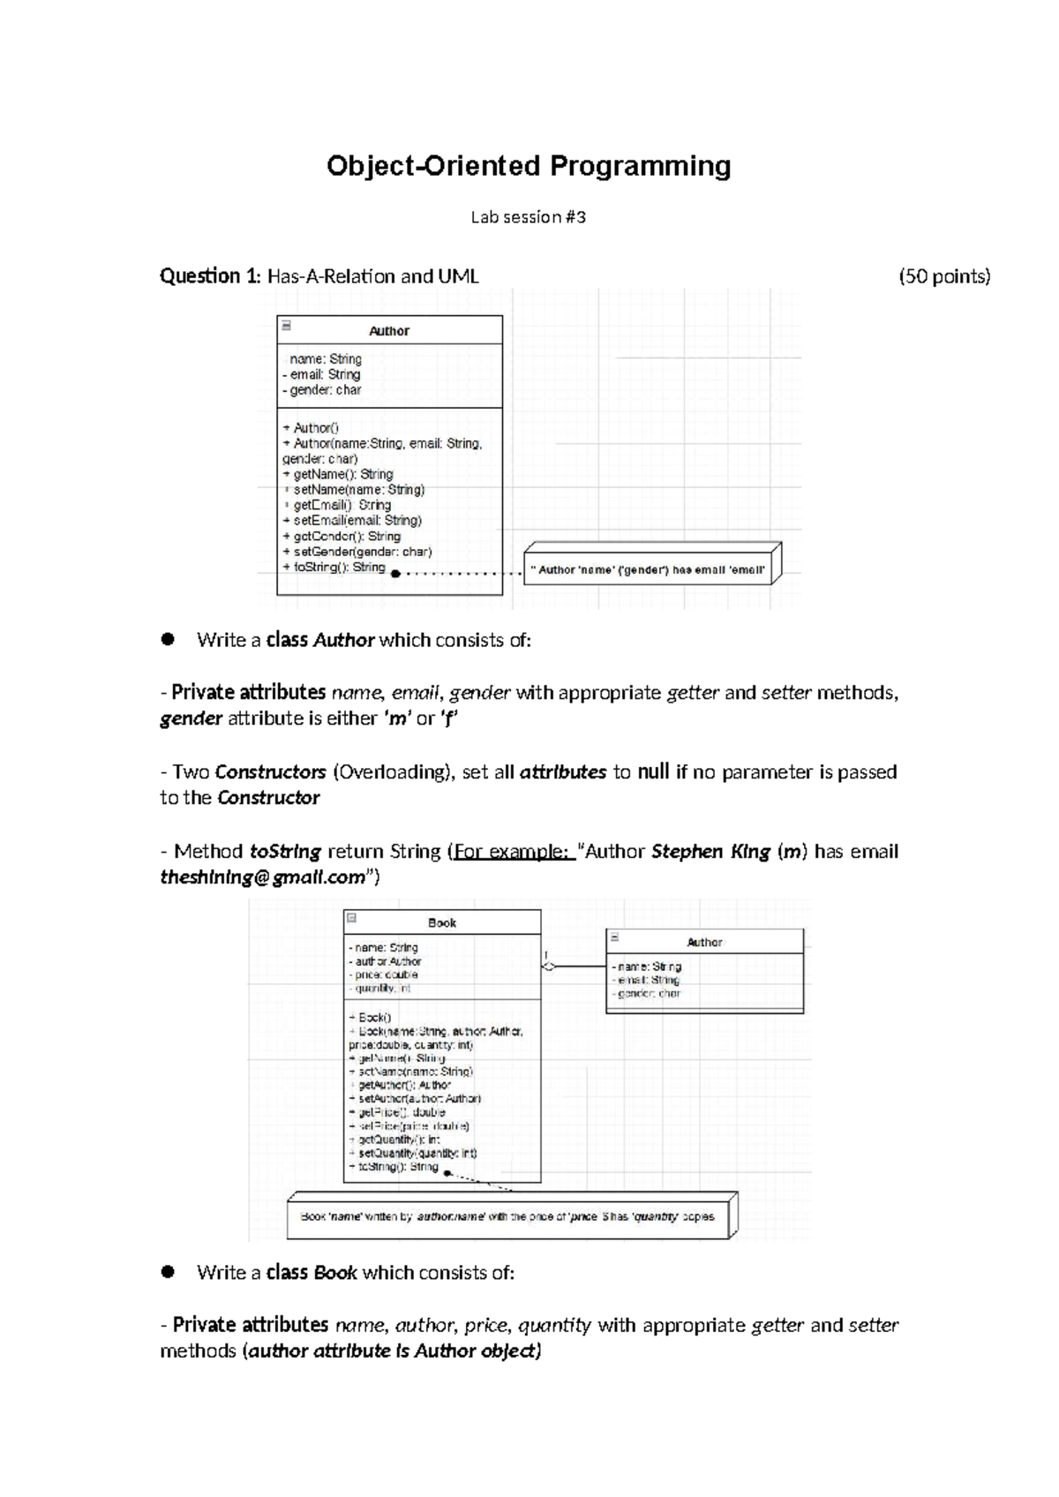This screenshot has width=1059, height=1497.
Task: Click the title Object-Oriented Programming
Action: [529, 166]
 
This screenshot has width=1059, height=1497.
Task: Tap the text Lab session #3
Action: [528, 217]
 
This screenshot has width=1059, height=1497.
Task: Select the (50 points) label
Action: [944, 276]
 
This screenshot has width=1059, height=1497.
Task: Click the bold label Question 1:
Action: [210, 276]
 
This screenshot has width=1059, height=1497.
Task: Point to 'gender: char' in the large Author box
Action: [325, 390]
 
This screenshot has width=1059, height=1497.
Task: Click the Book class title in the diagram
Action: [441, 922]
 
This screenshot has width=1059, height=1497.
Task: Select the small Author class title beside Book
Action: [704, 942]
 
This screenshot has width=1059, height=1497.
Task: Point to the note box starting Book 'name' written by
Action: [508, 1216]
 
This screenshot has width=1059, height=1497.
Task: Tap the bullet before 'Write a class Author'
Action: [168, 640]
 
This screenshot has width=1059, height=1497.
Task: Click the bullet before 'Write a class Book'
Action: [168, 1272]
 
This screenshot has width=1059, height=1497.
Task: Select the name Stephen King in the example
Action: [710, 852]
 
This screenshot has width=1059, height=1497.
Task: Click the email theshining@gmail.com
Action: [263, 877]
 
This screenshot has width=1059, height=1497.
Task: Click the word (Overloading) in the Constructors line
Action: [394, 772]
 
